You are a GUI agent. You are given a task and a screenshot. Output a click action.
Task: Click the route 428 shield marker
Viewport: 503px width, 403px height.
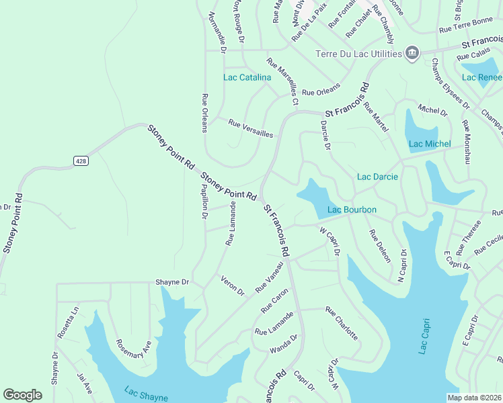click(x=81, y=161)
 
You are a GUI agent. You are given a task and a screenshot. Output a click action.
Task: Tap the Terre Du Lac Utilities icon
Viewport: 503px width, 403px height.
click(x=412, y=53)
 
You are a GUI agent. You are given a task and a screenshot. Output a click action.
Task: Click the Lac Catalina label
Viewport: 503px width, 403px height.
click(x=247, y=77)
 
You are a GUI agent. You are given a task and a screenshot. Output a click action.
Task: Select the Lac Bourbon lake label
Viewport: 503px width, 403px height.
click(x=352, y=210)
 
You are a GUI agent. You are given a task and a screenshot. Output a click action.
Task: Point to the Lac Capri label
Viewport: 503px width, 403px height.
click(x=423, y=336)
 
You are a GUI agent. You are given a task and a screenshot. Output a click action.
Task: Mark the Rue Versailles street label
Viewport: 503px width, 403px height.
click(x=251, y=128)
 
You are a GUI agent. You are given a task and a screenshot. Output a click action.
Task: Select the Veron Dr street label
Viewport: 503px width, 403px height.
click(x=233, y=285)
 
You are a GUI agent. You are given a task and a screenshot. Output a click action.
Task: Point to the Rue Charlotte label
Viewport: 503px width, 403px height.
click(x=342, y=324)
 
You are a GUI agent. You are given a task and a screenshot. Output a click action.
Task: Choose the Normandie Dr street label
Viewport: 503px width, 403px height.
click(x=217, y=32)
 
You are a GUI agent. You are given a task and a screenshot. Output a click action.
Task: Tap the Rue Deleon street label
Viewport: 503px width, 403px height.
click(x=379, y=247)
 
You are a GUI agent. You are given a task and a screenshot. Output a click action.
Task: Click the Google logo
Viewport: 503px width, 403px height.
click(x=23, y=395)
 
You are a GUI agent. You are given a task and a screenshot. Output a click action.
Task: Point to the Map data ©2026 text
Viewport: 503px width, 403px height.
click(x=473, y=398)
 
